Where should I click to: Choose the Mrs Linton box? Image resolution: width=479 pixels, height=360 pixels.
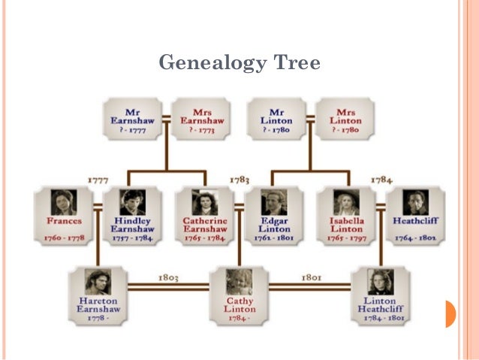pyautogui.click(x=346, y=119)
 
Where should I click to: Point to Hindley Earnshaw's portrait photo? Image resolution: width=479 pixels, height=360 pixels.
pyautogui.click(x=133, y=201)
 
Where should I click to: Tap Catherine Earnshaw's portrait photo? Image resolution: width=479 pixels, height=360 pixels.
pyautogui.click(x=204, y=201)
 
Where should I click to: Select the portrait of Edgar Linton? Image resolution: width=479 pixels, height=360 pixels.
pyautogui.click(x=274, y=201)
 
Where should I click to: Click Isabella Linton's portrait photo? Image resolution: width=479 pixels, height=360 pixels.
pyautogui.click(x=346, y=201)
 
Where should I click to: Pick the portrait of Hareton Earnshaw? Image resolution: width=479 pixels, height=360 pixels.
pyautogui.click(x=98, y=283)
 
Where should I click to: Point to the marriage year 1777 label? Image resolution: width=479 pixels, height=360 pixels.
pyautogui.click(x=99, y=180)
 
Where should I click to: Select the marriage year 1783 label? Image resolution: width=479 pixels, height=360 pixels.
pyautogui.click(x=239, y=180)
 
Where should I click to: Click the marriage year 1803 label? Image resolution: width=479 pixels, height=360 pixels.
pyautogui.click(x=168, y=277)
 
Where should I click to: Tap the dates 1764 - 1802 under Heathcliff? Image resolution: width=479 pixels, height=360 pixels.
pyautogui.click(x=415, y=237)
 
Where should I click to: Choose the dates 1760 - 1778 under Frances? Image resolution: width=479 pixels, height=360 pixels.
pyautogui.click(x=64, y=237)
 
